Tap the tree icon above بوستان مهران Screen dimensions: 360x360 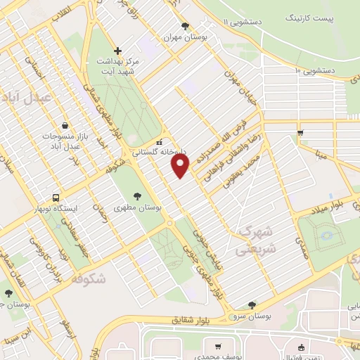click(185, 27)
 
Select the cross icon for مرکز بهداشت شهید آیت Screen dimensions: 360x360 click(117, 51)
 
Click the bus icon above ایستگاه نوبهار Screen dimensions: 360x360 click(56, 198)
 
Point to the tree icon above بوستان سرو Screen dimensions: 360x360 click(252, 304)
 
